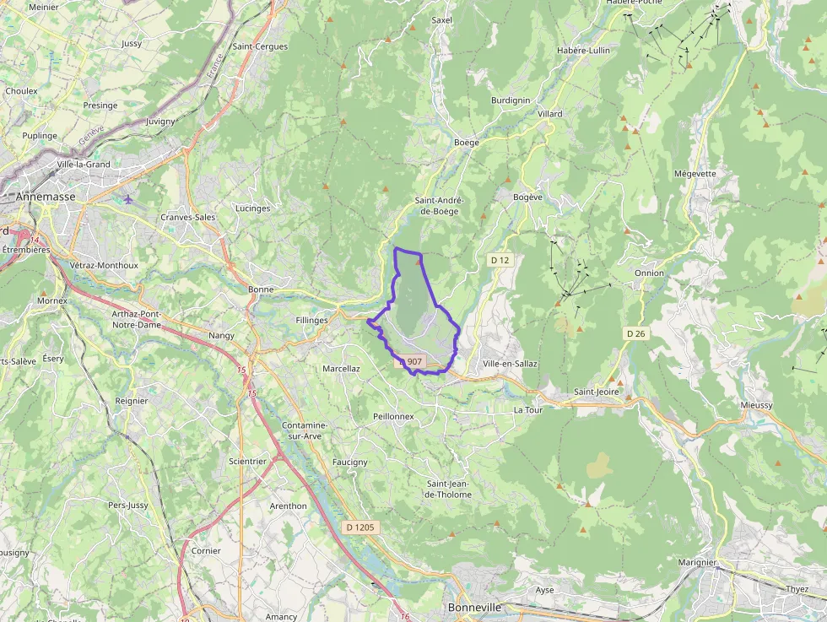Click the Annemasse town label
(46, 197)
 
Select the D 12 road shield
(500, 261)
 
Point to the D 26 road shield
(635, 334)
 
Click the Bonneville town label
(474, 608)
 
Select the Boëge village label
(466, 143)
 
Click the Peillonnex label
(393, 417)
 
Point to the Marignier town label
(697, 562)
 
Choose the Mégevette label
(695, 174)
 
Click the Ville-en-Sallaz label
(510, 364)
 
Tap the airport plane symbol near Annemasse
(127, 200)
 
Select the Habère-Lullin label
(583, 51)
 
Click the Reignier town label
(132, 401)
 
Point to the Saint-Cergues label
(260, 46)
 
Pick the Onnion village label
(649, 273)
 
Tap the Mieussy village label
(756, 405)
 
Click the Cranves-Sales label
(188, 217)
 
